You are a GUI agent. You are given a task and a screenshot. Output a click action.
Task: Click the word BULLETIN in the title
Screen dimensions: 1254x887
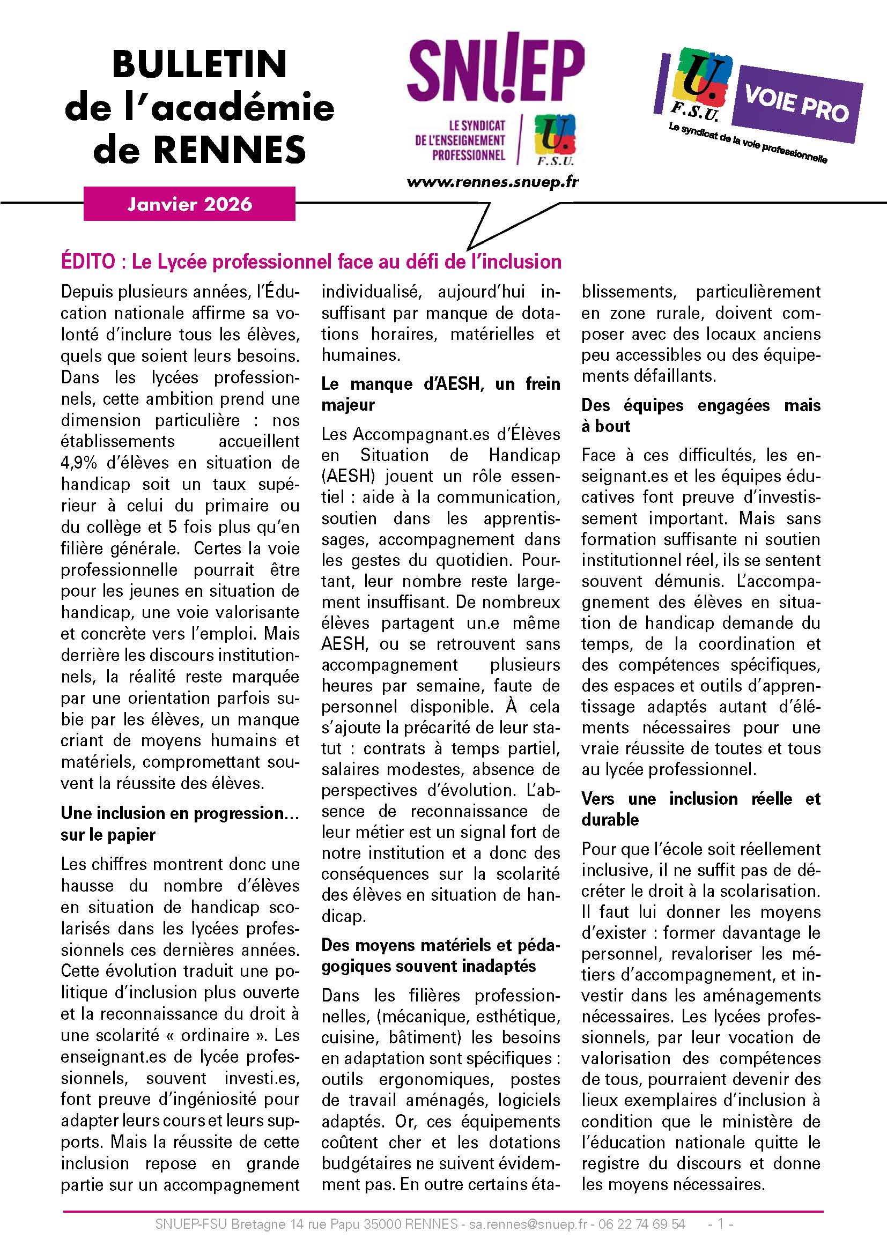(199, 64)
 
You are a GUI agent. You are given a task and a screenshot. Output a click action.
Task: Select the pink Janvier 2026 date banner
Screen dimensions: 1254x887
(189, 204)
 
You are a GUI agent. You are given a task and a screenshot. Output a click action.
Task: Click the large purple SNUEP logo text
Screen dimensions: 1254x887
(496, 71)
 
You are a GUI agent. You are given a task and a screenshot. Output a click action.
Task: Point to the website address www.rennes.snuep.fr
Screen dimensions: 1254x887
(492, 182)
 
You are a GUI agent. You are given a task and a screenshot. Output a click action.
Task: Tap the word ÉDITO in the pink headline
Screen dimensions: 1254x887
(88, 262)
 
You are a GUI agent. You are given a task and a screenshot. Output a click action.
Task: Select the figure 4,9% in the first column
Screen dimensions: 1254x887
(79, 463)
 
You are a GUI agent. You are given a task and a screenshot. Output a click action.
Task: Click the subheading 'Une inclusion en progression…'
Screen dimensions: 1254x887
(180, 813)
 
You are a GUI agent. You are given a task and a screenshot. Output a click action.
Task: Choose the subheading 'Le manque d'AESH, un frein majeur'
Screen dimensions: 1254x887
(440, 395)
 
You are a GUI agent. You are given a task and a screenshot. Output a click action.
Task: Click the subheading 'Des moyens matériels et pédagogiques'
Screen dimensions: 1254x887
(440, 955)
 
